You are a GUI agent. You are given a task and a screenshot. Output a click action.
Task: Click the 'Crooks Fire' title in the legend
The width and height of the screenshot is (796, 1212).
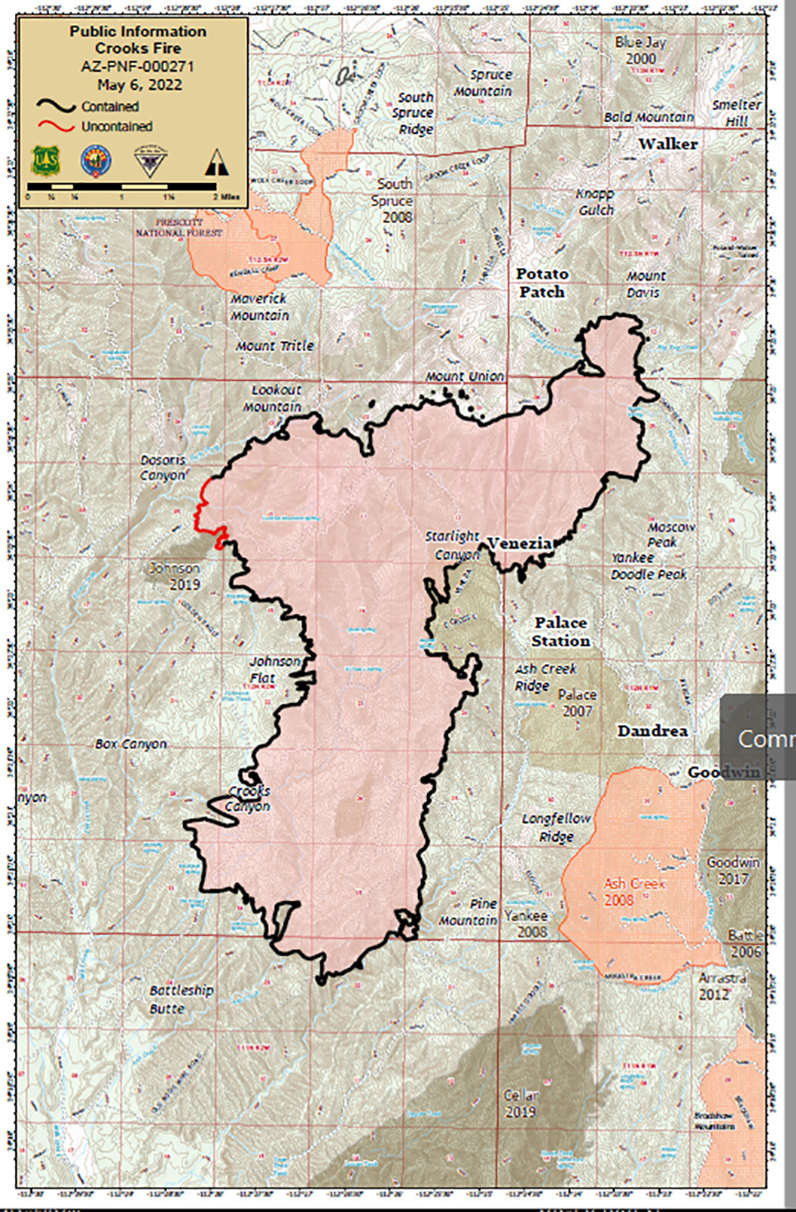(x=138, y=48)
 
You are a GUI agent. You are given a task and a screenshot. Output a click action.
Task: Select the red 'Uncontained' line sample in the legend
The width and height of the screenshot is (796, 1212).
(x=56, y=127)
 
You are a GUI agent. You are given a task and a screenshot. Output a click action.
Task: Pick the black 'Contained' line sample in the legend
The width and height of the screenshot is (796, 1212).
(x=56, y=106)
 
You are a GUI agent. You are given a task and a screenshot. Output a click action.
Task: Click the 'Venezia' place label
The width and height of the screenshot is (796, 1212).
(x=520, y=544)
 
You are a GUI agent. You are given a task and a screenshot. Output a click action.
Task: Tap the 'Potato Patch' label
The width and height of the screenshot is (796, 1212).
(x=542, y=283)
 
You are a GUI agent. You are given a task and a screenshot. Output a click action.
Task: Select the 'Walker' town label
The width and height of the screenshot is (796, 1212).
(x=667, y=144)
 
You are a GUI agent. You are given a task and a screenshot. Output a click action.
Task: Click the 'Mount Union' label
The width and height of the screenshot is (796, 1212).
(x=464, y=376)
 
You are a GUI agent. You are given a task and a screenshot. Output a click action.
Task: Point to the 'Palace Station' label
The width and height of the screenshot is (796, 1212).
(x=561, y=632)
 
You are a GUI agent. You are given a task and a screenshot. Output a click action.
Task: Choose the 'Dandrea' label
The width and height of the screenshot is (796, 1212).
(x=653, y=731)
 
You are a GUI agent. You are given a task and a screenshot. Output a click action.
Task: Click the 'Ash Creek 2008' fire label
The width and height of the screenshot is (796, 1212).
(x=634, y=892)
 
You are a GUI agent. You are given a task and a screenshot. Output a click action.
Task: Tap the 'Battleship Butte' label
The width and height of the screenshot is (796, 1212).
(x=181, y=999)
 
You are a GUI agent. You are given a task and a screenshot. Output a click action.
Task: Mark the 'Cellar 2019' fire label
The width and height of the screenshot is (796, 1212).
(x=521, y=1103)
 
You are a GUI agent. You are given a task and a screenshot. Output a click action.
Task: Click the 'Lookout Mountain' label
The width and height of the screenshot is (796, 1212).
(x=274, y=398)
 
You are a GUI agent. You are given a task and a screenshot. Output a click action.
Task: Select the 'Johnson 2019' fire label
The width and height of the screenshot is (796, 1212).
(x=175, y=576)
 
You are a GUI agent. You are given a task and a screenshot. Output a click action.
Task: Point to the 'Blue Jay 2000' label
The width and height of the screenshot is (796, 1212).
(x=641, y=50)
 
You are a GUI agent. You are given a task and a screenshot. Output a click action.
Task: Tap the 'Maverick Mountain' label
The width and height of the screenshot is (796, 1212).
(x=260, y=307)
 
